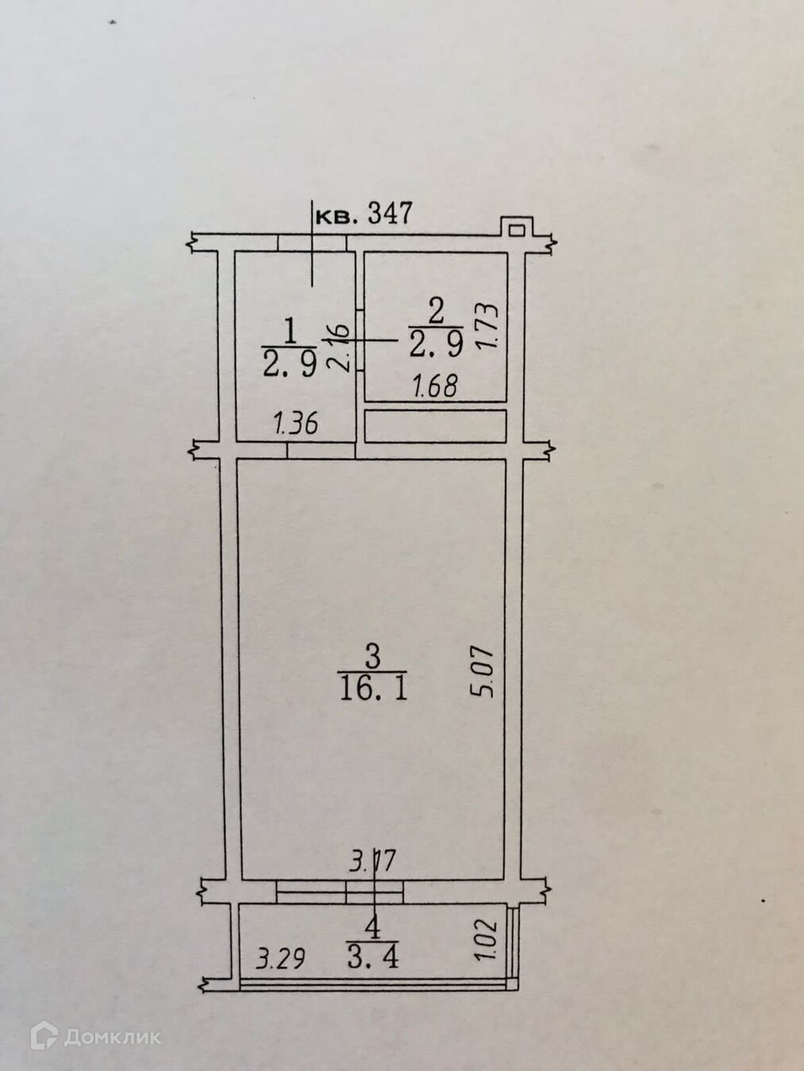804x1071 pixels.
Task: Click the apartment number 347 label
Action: pos(389,213)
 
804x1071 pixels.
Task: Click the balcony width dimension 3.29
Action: pos(280,959)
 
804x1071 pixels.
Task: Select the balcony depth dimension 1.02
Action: pos(487,940)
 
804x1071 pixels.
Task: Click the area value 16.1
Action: pos(373,688)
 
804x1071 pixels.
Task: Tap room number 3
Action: pos(372,656)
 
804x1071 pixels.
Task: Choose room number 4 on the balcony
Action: pos(371,925)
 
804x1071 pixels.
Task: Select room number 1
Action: pos(290,328)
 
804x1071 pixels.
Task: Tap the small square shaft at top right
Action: pos(516,229)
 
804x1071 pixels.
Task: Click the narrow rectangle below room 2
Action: pos(435,426)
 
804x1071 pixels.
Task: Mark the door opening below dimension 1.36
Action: pos(320,451)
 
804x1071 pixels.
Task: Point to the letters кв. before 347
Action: pos(337,215)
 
